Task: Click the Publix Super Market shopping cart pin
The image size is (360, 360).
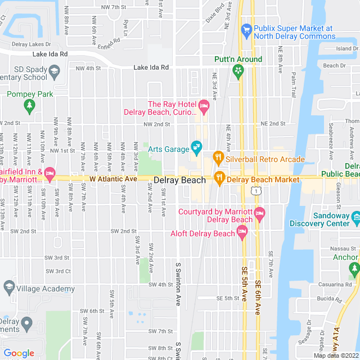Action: (246, 29)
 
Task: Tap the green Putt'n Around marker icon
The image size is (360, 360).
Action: (238, 71)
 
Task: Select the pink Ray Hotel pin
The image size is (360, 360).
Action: (204, 105)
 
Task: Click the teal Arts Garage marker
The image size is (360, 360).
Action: (196, 148)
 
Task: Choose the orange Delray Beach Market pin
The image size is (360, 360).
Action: (219, 179)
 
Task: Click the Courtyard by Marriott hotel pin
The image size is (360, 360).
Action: (259, 213)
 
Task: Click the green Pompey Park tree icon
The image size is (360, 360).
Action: (29, 105)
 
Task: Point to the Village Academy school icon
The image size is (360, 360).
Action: (9, 289)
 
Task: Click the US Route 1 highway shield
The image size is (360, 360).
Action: (256, 192)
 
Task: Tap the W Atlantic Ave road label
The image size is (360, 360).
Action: (113, 178)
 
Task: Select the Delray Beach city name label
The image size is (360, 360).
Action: (179, 181)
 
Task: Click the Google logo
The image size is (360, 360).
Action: (19, 353)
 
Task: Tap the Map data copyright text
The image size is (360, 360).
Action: (335, 355)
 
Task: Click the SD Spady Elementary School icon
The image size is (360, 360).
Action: (54, 70)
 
